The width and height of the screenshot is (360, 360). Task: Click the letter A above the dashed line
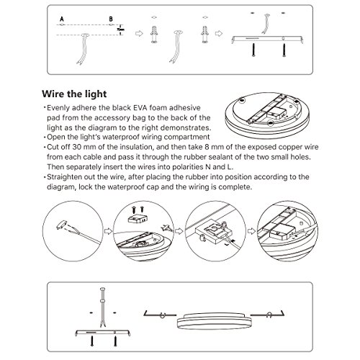click(62, 19)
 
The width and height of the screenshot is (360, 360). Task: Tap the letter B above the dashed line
click(111, 19)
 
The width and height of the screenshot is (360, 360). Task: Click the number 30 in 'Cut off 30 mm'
click(77, 147)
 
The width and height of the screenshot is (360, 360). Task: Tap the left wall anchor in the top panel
click(154, 35)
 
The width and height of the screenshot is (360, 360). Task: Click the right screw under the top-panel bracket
click(284, 50)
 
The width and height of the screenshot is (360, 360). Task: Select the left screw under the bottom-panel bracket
click(92, 341)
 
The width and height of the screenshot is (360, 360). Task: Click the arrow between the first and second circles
click(108, 231)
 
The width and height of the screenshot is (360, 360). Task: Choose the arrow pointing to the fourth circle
click(251, 231)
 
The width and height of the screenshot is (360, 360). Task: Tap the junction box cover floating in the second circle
click(138, 219)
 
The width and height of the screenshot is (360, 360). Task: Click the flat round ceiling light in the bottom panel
click(214, 320)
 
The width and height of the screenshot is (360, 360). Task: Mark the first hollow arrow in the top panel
click(139, 33)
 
